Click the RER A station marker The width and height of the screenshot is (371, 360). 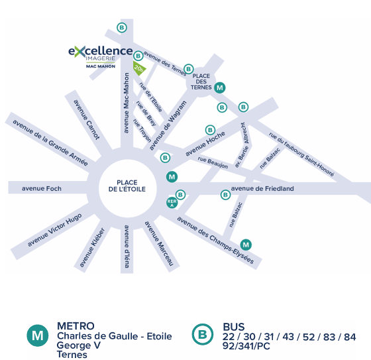point(172,203)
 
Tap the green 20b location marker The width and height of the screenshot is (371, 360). point(139,68)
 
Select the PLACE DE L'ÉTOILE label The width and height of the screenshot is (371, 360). point(127,186)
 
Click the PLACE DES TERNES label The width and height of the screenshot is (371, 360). point(201,82)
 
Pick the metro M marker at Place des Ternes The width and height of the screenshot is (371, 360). point(220,88)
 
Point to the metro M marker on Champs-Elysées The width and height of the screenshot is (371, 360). point(246,245)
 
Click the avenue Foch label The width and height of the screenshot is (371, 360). point(42,188)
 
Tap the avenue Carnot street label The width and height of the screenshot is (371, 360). point(87,119)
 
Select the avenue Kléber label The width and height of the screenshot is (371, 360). point(92,247)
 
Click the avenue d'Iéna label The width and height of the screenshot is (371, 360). point(127,247)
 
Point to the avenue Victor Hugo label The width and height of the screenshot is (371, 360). point(54,230)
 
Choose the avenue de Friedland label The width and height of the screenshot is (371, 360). point(262,188)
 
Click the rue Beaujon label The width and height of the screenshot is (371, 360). point(213,162)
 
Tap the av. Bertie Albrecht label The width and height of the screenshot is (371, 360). point(242,145)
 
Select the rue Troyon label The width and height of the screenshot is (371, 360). point(142,131)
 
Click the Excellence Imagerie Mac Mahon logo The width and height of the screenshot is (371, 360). point(101,57)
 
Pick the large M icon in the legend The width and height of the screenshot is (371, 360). point(38,335)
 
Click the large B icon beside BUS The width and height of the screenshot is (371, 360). point(203,334)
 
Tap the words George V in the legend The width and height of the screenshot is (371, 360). point(79,345)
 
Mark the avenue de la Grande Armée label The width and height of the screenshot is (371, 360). point(50,143)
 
